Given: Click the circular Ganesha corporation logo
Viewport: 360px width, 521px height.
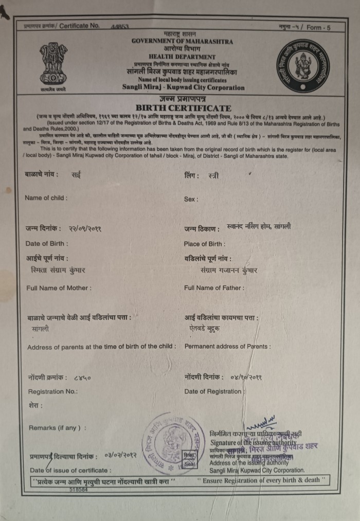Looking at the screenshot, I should click(302, 66).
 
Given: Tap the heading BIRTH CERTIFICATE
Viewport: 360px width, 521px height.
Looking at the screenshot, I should click(183, 108).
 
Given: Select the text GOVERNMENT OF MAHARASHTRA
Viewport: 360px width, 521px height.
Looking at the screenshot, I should click(182, 41).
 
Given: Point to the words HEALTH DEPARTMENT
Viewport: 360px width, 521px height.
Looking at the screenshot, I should click(182, 57).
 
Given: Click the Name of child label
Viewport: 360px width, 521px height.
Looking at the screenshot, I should click(46, 198).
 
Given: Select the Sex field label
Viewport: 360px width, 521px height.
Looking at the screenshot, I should click(191, 199).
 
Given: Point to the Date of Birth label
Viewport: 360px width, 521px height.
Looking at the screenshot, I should click(46, 243).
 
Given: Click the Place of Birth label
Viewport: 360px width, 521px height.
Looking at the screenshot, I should click(204, 244).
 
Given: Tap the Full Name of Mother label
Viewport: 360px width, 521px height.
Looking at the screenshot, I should click(59, 288).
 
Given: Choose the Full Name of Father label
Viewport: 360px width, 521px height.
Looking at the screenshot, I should click(214, 288).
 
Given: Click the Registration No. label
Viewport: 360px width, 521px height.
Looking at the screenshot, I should click(53, 391).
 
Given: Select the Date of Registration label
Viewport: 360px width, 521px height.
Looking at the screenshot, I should click(213, 391).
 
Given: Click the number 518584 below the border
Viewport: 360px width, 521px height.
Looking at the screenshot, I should click(78, 490).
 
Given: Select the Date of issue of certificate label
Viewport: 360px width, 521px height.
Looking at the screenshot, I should click(70, 470).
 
